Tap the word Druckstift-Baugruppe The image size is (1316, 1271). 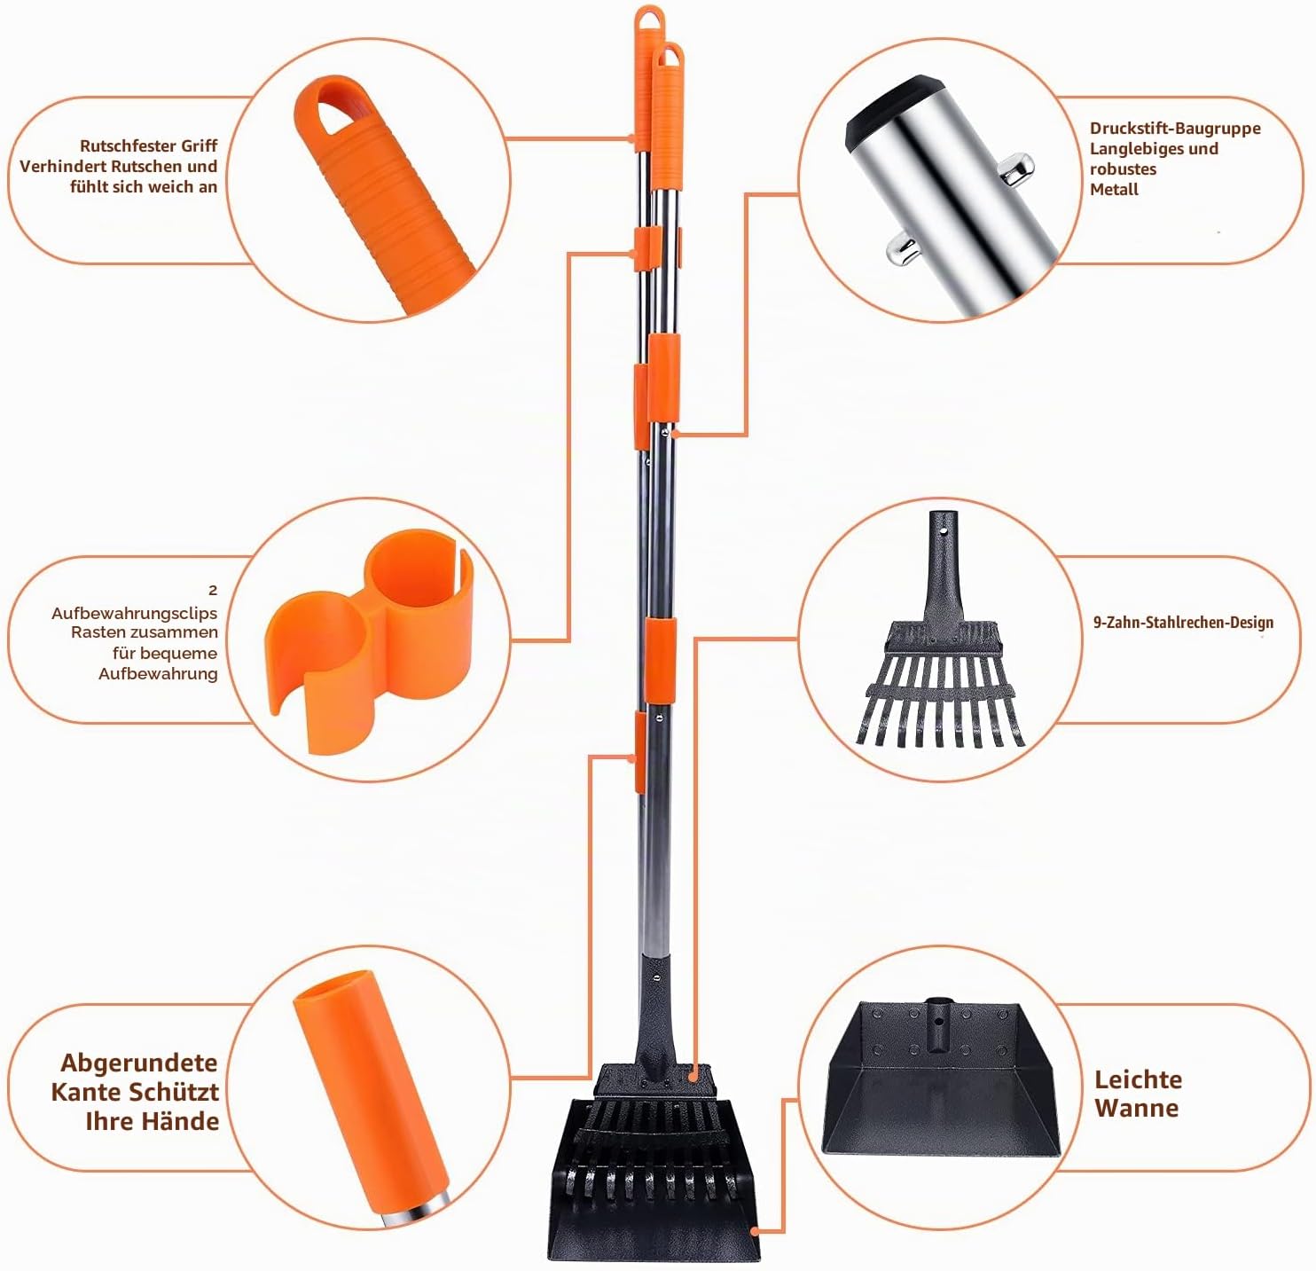coord(1175,129)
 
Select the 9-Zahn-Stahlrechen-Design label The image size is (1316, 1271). coord(1183,623)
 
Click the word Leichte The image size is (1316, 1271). coord(1138,1080)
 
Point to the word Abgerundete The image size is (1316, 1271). coord(138,1063)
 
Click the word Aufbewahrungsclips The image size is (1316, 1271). coord(135,614)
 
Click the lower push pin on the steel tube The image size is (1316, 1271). coord(902,249)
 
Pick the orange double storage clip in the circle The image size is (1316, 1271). coord(369,639)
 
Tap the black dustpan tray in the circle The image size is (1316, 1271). coord(940,1078)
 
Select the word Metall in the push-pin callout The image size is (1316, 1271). coord(1114,190)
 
